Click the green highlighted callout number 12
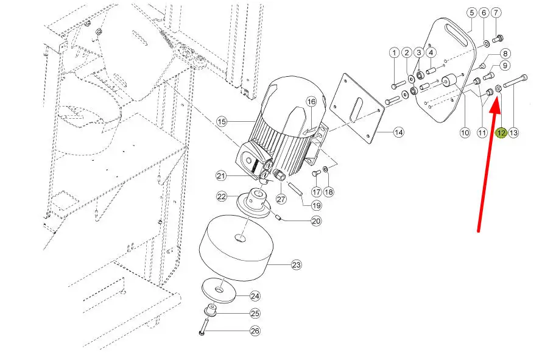(501, 133)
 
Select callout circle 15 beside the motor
(222, 122)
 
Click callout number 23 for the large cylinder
(297, 264)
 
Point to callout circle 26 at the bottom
(255, 331)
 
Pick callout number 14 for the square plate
(398, 132)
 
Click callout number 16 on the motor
(311, 102)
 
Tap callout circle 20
(316, 221)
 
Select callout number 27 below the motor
(281, 199)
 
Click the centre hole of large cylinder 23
(240, 238)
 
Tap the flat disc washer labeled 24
(219, 291)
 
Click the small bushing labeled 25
(211, 311)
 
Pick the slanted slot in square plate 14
(357, 108)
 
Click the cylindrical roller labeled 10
(449, 81)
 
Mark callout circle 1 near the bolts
(394, 53)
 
